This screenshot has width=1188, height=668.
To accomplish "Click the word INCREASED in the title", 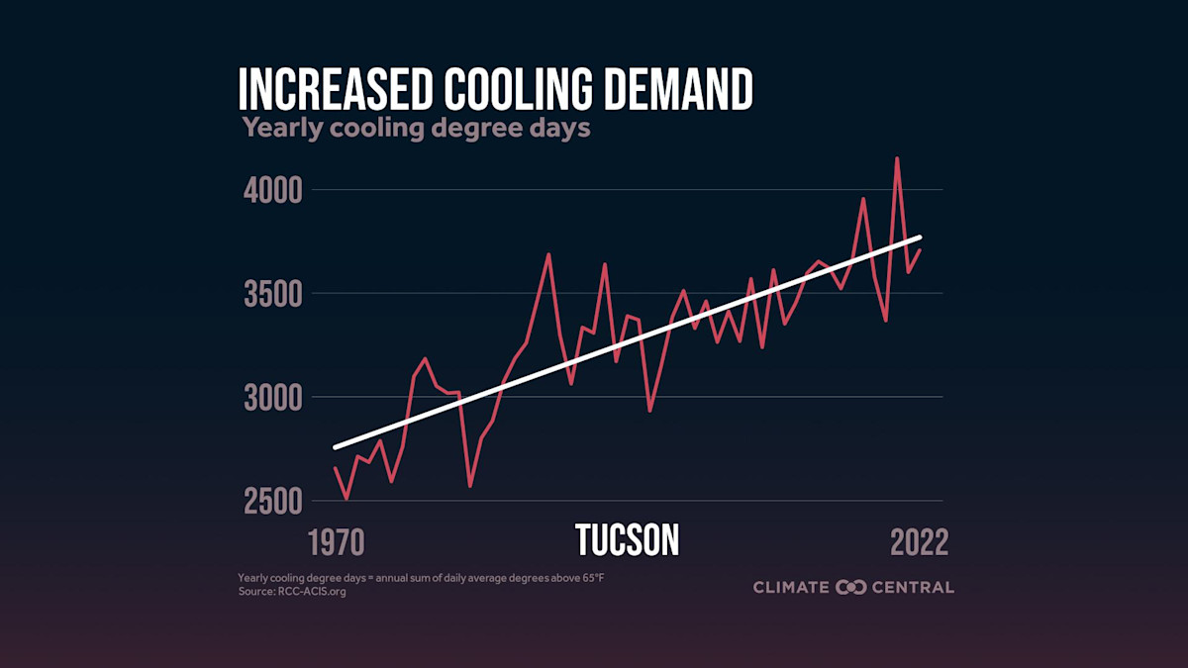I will [x=332, y=91].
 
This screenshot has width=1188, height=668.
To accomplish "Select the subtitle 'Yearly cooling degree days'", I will [x=416, y=129].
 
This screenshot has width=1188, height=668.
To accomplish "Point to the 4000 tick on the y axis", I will [x=271, y=190].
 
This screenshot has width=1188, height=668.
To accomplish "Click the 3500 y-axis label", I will [x=271, y=294].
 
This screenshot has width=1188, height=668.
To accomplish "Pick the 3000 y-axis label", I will [x=271, y=398].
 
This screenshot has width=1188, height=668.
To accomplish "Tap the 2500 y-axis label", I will [x=271, y=502].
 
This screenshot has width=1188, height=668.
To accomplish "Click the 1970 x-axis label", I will [x=337, y=542].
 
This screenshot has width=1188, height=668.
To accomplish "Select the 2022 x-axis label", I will [x=919, y=542].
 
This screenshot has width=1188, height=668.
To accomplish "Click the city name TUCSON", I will [x=627, y=541].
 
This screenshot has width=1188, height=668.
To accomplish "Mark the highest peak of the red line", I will [x=897, y=158].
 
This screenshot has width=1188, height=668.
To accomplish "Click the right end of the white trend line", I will [x=921, y=238].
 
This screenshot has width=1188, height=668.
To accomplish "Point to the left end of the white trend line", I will [x=335, y=447].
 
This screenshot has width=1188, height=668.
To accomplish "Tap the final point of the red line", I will [x=921, y=249].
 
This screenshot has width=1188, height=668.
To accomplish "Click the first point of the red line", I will [x=335, y=467].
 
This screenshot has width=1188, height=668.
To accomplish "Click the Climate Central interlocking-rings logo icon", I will [x=851, y=587].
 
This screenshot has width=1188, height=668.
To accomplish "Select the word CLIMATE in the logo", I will [x=791, y=587].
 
